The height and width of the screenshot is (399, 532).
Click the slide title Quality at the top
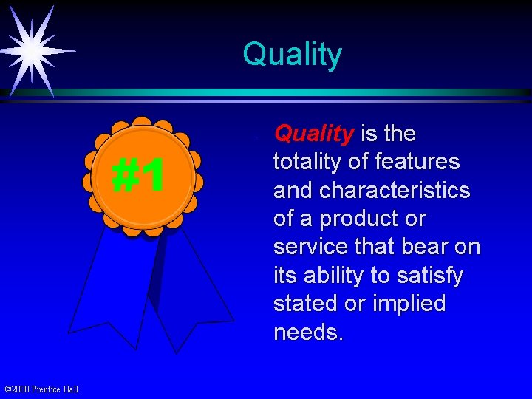click(292, 55)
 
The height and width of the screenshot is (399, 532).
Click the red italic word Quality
click(313, 134)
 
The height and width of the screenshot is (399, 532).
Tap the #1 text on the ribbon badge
click(138, 177)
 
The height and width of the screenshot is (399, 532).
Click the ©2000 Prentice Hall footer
click(41, 389)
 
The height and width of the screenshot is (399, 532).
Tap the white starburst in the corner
click(31, 50)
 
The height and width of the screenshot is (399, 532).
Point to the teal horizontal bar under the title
click(296, 93)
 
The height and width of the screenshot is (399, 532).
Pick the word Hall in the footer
click(70, 389)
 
